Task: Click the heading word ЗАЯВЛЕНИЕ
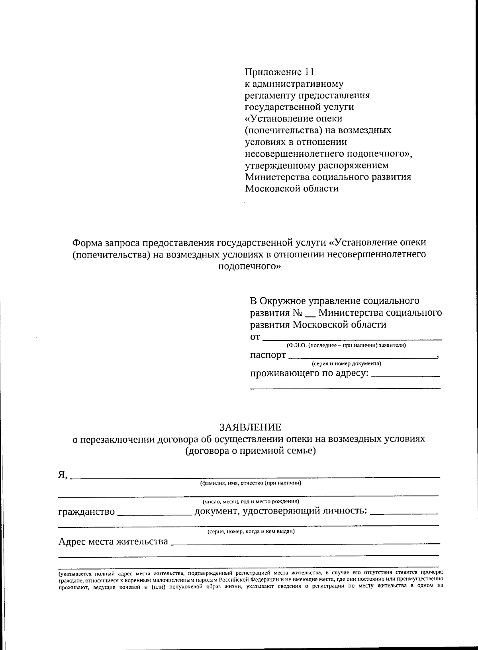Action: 250,427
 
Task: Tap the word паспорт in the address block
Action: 268,355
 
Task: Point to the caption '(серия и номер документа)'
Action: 346,363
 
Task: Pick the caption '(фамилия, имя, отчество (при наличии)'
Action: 251,483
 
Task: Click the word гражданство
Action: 86,511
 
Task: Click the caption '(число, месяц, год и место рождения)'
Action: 251,502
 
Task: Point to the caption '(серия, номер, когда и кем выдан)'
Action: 251,531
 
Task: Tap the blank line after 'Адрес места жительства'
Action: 305,543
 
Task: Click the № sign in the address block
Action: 300,313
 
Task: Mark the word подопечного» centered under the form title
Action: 250,266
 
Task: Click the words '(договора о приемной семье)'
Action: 250,451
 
